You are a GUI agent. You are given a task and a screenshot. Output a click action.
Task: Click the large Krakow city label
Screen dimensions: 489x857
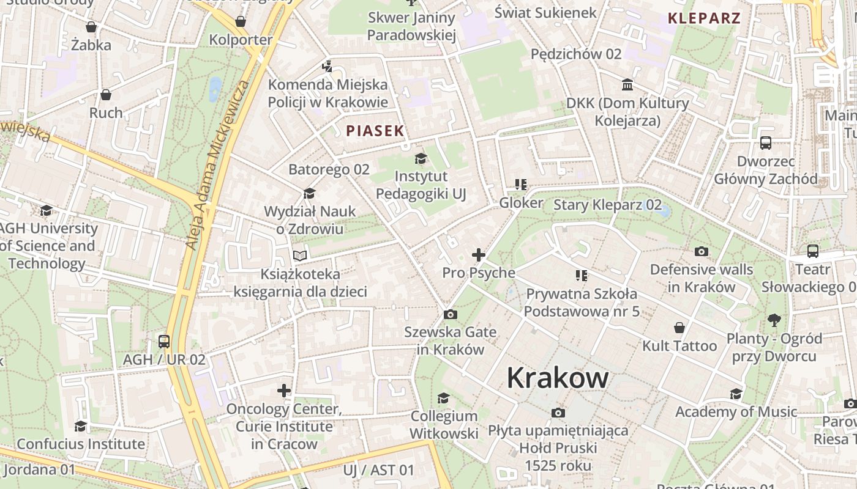557,378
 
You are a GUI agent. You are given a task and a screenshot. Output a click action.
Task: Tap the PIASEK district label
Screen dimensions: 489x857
375,130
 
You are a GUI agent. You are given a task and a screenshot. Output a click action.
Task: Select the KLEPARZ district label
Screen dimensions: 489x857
704,18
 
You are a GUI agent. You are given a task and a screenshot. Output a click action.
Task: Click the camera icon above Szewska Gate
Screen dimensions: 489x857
451,314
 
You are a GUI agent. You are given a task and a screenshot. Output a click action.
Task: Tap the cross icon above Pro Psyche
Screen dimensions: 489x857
479,255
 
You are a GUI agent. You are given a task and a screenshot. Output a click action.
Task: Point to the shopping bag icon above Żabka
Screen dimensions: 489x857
91,27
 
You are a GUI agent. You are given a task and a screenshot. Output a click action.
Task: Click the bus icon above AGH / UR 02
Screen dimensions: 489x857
164,341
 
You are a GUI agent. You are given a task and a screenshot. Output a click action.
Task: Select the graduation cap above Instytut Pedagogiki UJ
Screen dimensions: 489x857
421,159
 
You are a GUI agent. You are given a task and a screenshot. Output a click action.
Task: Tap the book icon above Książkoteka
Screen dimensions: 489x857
299,256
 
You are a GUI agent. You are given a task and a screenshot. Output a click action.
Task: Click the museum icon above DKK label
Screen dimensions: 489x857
627,85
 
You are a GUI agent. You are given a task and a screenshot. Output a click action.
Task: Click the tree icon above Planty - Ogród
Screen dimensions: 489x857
774,320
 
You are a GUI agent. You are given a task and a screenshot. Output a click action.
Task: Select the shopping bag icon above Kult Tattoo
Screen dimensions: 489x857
679,328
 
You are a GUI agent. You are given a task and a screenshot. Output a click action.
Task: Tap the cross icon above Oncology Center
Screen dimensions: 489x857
284,390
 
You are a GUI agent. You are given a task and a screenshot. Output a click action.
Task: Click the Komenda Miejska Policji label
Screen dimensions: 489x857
327,93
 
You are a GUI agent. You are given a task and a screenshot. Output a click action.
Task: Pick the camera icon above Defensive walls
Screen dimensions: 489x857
702,251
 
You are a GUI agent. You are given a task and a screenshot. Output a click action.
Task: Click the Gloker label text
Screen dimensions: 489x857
521,202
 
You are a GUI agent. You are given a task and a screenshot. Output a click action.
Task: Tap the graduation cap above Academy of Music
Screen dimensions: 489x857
736,394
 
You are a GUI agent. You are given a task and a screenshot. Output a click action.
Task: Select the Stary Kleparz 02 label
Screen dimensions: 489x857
607,204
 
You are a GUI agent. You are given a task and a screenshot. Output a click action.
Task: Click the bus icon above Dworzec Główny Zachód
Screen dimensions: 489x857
765,143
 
